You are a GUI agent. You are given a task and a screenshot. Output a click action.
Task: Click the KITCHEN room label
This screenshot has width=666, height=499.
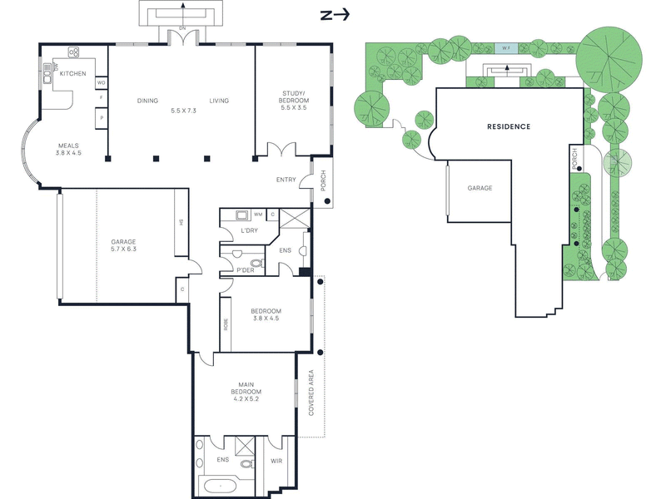pos(72,73)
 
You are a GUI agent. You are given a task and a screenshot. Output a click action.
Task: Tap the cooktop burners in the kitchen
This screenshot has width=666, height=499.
pos(73,52)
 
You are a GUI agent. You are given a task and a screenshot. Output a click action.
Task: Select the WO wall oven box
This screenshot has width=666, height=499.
pos(101,82)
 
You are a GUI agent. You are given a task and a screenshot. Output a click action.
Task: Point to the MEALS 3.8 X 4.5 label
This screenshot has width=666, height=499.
pos(68,149)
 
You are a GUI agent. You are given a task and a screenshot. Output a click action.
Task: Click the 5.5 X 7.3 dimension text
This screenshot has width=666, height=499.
pos(183,111)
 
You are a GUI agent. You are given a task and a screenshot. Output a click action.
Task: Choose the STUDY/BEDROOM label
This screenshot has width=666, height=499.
pos(294,96)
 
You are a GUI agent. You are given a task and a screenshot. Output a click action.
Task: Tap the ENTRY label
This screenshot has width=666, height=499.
pos(286,180)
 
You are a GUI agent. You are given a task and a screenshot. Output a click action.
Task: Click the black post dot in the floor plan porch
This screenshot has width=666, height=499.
pos(327,201)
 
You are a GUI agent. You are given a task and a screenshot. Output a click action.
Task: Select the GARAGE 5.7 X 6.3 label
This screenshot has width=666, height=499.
pos(123,245)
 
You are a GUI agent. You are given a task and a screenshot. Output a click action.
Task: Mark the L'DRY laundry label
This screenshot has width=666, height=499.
pos(249,230)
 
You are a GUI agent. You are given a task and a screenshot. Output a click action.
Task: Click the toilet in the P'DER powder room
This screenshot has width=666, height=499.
pos(256,263)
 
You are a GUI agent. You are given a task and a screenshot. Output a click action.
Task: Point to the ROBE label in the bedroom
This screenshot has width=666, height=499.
pos(226,324)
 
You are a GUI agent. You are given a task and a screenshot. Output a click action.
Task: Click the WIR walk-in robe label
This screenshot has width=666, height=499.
pos(276,461)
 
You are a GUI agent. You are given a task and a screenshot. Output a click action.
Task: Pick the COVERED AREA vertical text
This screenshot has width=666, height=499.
pos(311,393)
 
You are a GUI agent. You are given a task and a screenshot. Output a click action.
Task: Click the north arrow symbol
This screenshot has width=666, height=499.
pos(335,15)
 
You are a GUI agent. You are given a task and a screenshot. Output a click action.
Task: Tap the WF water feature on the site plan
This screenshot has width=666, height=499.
pos(506,48)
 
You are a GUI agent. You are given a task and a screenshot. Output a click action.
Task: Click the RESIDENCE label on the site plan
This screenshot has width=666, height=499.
pos(509,126)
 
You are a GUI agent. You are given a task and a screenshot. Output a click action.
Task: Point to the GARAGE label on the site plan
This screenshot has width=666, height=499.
pos(480,188)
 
